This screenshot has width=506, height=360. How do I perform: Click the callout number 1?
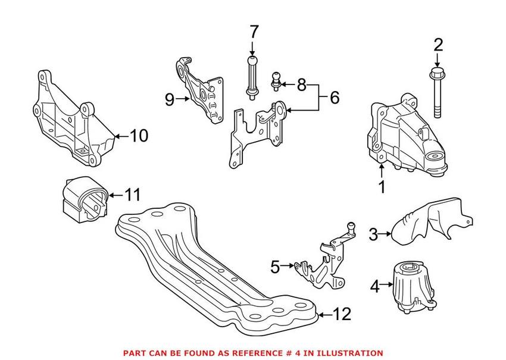[x=382, y=187]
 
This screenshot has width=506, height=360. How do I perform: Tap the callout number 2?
[x=438, y=45]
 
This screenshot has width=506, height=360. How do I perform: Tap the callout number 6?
[x=334, y=97]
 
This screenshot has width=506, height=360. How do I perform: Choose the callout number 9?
[x=170, y=100]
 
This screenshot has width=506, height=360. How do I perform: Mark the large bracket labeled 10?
[x=71, y=122]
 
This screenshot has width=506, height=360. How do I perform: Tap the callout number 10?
[x=138, y=136]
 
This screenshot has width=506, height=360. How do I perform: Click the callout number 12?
[x=343, y=314]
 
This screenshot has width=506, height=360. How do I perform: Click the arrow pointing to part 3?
[x=388, y=233]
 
